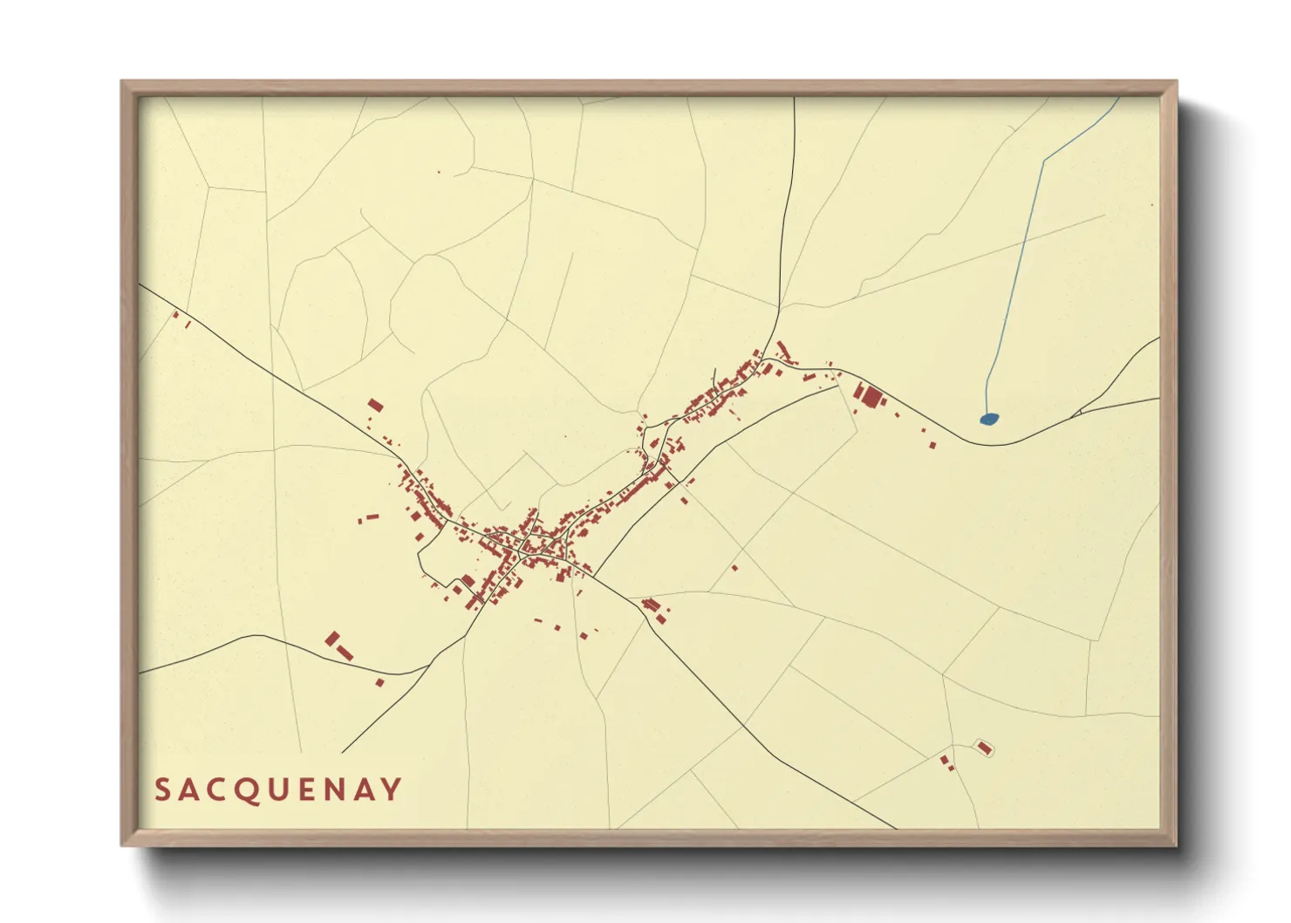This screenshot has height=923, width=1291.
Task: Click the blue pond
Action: [x=988, y=419]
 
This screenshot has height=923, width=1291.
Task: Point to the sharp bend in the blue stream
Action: [x=1044, y=161]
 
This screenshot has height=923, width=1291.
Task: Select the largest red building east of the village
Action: [x=871, y=398]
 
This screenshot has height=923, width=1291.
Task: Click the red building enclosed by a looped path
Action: [x=984, y=748]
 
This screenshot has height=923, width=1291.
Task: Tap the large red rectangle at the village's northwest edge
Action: [x=375, y=405]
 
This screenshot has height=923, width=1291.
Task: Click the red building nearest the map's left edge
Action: [x=175, y=315]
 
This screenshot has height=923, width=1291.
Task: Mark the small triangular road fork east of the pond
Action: [x=1081, y=410]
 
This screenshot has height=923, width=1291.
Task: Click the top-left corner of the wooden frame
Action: [x=122, y=82]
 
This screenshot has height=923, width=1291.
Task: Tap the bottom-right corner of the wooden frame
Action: [x=1176, y=844]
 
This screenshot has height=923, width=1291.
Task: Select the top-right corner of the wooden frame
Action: [x=1176, y=82]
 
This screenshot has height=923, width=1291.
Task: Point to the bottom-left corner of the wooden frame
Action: [x=122, y=844]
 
